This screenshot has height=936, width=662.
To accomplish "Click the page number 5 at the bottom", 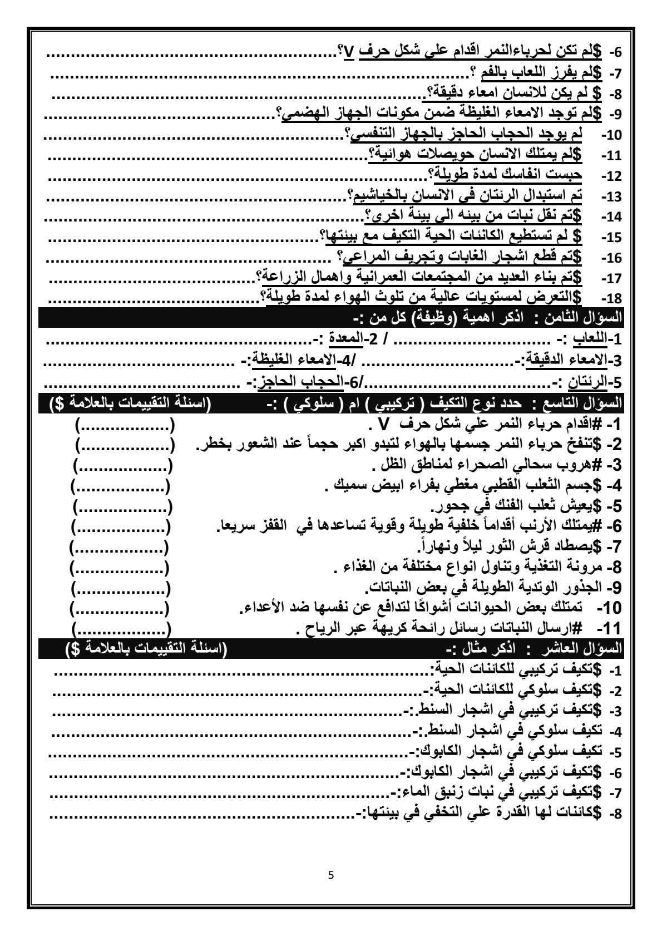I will (332, 874).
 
